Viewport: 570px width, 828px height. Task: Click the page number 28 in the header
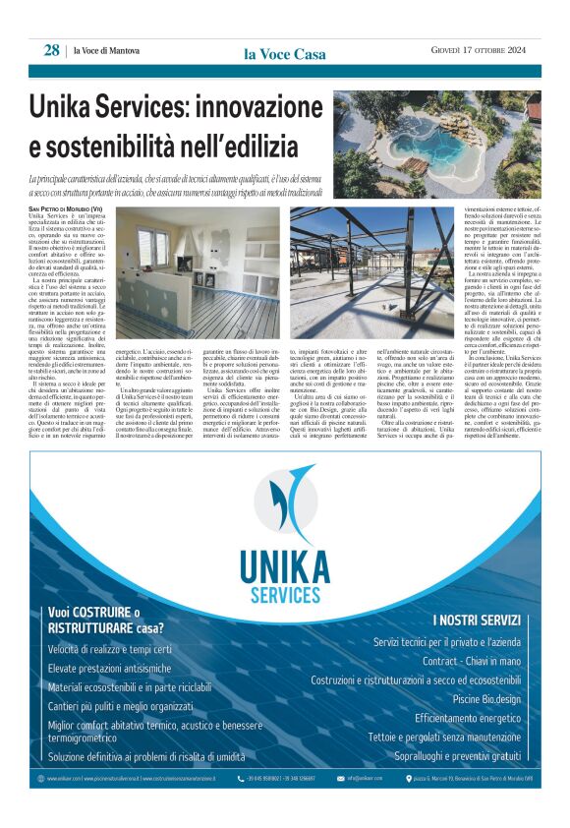pos(51,50)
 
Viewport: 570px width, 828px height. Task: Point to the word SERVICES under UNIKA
pos(285,594)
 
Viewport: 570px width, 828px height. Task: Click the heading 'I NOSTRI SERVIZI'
pos(477,620)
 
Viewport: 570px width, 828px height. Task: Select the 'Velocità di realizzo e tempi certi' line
pos(109,650)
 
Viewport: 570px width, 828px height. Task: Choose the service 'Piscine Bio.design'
pos(486,699)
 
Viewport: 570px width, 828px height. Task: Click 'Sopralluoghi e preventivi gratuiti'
pos(458,756)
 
